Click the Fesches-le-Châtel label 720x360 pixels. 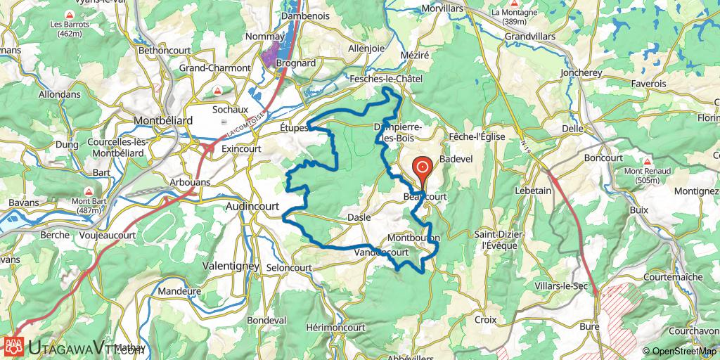(386, 80)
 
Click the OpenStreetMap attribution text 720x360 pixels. (679, 351)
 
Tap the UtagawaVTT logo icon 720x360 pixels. (15, 345)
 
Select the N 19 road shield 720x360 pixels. (527, 143)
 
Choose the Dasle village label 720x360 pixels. (359, 218)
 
